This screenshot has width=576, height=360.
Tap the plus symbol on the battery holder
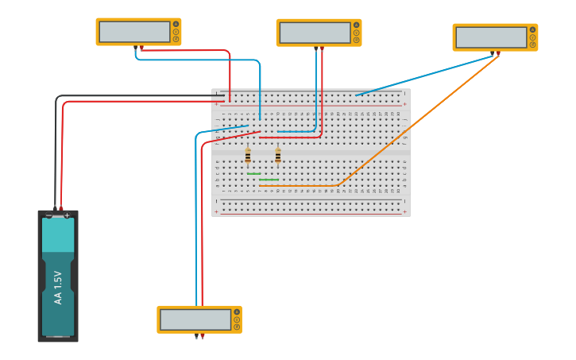tap(67, 215)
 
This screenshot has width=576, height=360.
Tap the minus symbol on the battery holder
tap(49, 215)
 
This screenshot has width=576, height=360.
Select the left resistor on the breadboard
tap(248, 155)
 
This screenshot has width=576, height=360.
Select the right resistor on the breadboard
tap(277, 155)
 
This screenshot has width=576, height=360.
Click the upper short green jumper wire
tap(253, 174)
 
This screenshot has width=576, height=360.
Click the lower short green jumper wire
tap(269, 180)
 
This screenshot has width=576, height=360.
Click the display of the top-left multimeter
tap(134, 32)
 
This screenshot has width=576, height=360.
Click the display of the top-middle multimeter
tap(315, 33)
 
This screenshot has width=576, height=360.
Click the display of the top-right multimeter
tap(491, 37)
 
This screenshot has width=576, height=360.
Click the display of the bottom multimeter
tap(195, 319)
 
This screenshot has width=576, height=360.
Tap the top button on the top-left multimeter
tap(176, 25)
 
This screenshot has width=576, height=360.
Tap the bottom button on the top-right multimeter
tap(532, 45)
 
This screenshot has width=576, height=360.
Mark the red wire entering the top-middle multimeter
tap(322, 87)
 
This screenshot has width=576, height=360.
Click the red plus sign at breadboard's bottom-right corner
tap(404, 211)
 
